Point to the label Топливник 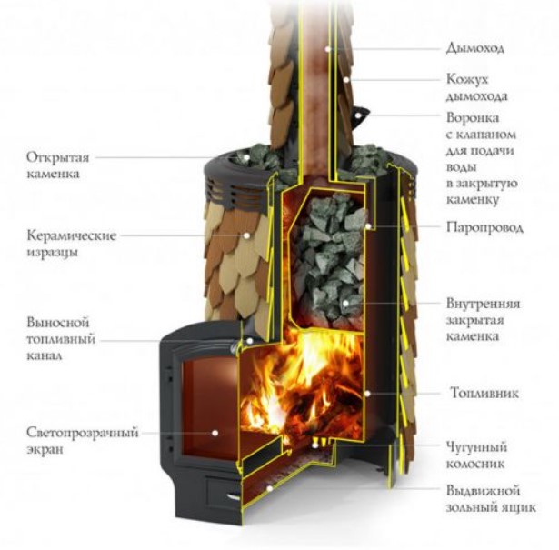click(483, 394)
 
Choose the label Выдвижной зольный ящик click(489, 497)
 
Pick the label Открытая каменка click(57, 164)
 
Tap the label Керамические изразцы click(71, 243)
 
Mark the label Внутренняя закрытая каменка click(484, 319)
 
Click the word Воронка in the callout click(471, 118)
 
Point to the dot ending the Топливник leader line click(365, 394)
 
